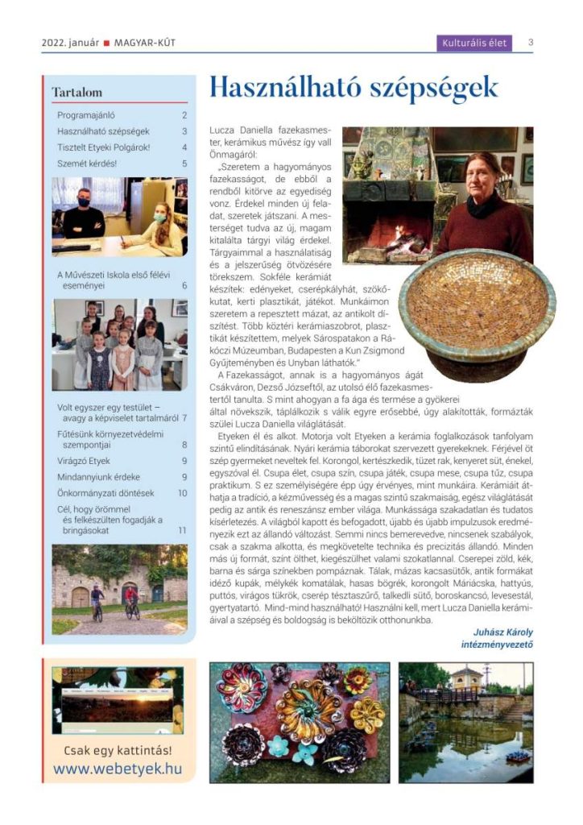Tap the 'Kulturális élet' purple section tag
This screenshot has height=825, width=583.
pyautogui.click(x=475, y=43)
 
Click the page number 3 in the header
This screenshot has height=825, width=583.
pyautogui.click(x=531, y=43)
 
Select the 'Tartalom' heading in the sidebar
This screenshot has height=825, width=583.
pyautogui.click(x=77, y=93)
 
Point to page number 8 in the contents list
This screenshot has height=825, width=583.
pyautogui.click(x=184, y=444)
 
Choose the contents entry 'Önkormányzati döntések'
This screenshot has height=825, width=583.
pyautogui.click(x=105, y=493)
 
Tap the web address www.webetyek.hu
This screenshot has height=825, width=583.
pyautogui.click(x=118, y=769)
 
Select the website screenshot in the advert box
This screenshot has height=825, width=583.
pyautogui.click(x=118, y=699)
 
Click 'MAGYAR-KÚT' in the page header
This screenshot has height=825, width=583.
pyautogui.click(x=145, y=43)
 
